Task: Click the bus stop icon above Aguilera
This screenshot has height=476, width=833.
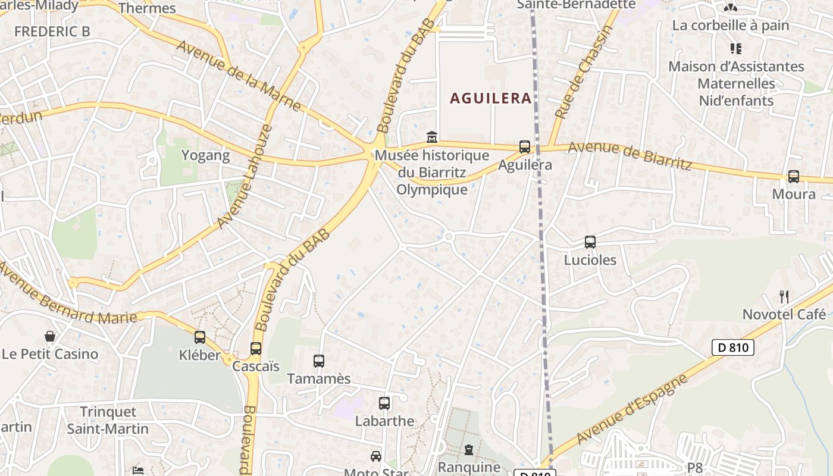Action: (524, 146)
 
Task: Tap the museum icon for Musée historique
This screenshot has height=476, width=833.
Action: (432, 137)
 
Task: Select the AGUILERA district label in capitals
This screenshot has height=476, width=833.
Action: (491, 98)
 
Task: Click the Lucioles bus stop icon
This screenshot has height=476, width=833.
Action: (590, 242)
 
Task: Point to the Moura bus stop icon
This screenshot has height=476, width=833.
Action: (793, 176)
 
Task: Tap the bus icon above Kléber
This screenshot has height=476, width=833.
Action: (200, 337)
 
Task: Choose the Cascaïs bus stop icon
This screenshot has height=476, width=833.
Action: (256, 348)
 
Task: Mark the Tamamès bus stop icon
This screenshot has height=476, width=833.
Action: (319, 361)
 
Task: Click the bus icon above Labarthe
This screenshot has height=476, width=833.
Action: (384, 403)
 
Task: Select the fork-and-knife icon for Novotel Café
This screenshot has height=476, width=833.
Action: (784, 296)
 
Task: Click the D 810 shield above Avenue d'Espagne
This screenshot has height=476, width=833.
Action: (733, 347)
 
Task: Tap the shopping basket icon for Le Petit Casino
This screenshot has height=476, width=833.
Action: (50, 336)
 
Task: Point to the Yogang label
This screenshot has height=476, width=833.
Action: (205, 156)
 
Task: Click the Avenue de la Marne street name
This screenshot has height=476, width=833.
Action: (239, 76)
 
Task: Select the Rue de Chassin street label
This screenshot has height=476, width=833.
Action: (583, 73)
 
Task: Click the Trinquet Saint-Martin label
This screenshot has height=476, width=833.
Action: (108, 420)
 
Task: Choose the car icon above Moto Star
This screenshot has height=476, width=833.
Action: (376, 456)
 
